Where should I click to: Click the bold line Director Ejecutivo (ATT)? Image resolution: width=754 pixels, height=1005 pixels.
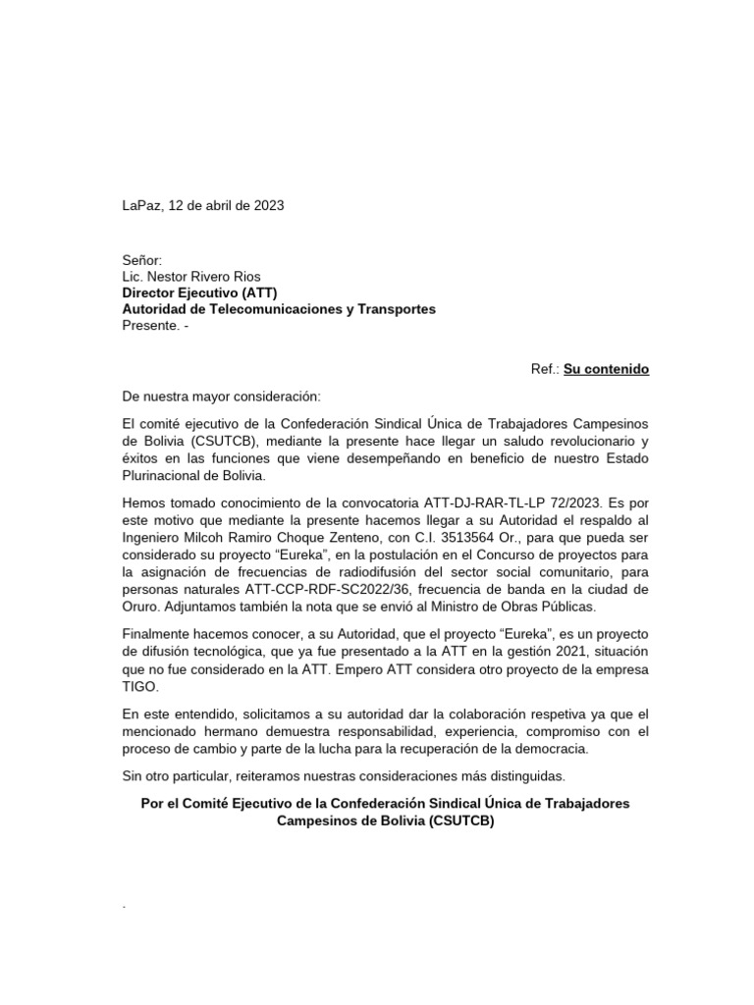(199, 292)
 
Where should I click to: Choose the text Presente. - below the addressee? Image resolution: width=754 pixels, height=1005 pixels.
(153, 325)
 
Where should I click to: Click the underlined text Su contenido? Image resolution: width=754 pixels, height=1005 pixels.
(606, 370)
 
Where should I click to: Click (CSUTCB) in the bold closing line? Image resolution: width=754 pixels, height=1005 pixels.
(461, 821)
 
